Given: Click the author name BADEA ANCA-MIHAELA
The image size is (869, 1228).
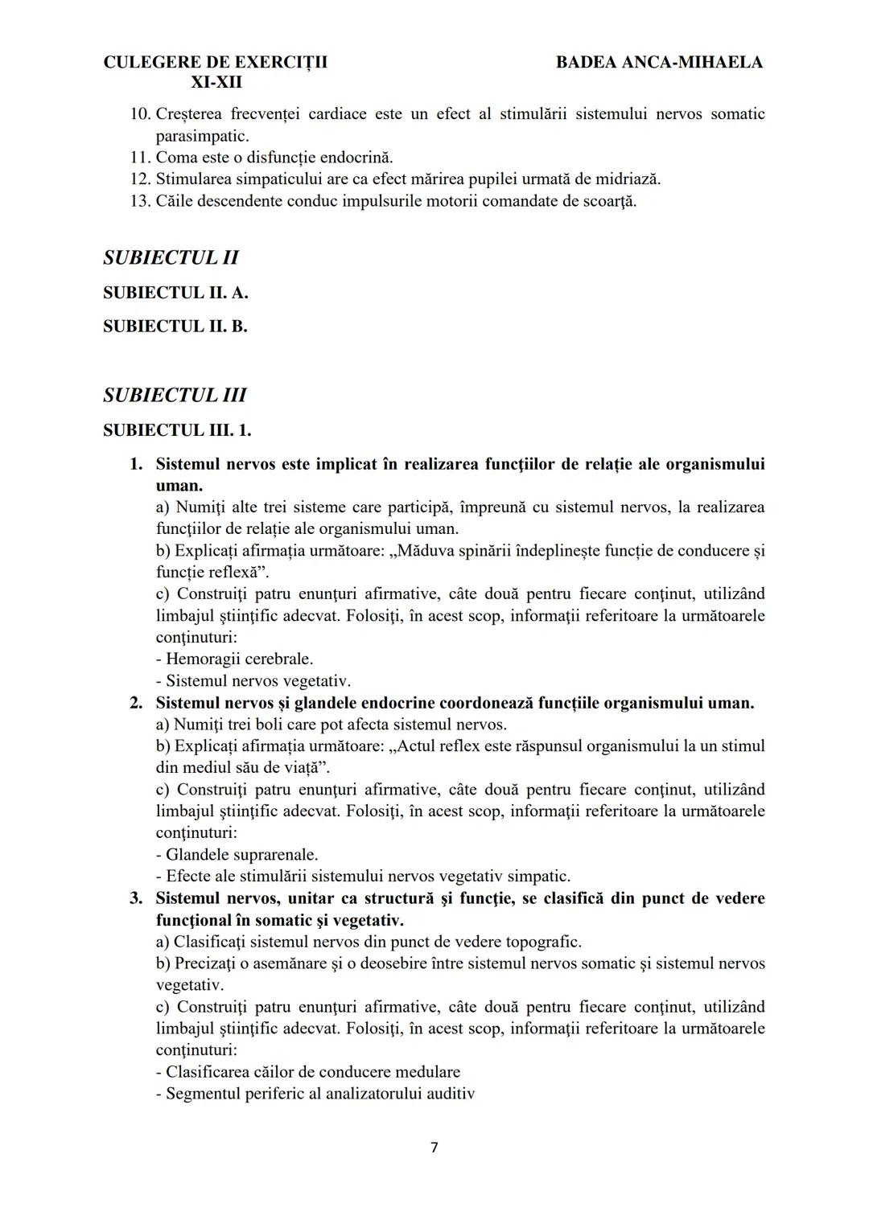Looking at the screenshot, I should pos(659,63).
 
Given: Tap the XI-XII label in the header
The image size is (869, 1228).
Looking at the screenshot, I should pos(216,83).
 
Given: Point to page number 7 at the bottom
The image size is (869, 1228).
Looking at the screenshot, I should pos(434,1148).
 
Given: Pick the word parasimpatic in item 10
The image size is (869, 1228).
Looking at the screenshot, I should pos(201,136).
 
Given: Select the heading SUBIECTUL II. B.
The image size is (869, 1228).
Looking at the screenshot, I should pos(175,327).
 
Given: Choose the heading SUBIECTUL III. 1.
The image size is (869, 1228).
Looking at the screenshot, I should pos(177,430).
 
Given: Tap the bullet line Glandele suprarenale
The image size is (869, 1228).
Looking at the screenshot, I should pos(237,855).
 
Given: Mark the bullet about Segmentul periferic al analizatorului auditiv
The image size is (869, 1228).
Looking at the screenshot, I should pos(315,1094).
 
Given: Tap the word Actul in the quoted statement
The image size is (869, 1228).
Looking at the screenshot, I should pos(418,746).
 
